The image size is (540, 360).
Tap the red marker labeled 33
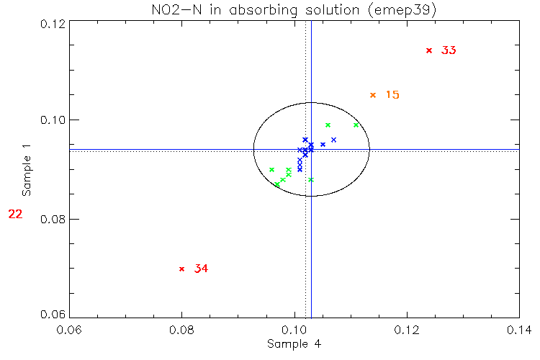(x=429, y=50)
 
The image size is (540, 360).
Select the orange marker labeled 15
(x=373, y=95)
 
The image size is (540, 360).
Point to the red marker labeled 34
(x=181, y=269)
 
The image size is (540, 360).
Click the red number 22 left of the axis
(x=16, y=214)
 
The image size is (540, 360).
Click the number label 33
(x=449, y=50)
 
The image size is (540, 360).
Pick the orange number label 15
(x=392, y=95)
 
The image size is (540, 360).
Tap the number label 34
(x=201, y=269)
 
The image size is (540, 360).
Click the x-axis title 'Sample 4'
(x=294, y=344)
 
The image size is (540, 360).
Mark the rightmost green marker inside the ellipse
(x=356, y=125)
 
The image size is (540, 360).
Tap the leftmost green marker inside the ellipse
(x=271, y=170)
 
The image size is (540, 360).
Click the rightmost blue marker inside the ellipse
(x=333, y=140)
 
